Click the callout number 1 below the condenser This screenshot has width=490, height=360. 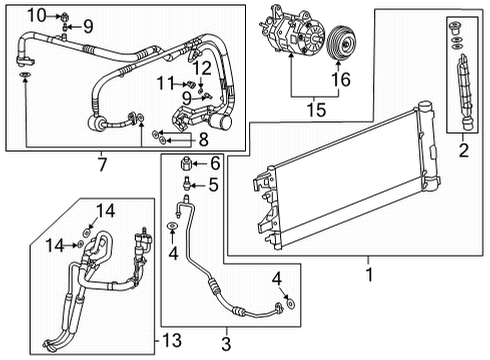coord(371,272)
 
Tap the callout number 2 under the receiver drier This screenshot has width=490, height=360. coord(462,152)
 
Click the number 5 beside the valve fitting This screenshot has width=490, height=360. coord(213,184)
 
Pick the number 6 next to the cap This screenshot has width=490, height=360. coord(213,164)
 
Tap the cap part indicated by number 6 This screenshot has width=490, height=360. coord(186,164)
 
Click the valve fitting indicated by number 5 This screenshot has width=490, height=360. coord(187,184)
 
